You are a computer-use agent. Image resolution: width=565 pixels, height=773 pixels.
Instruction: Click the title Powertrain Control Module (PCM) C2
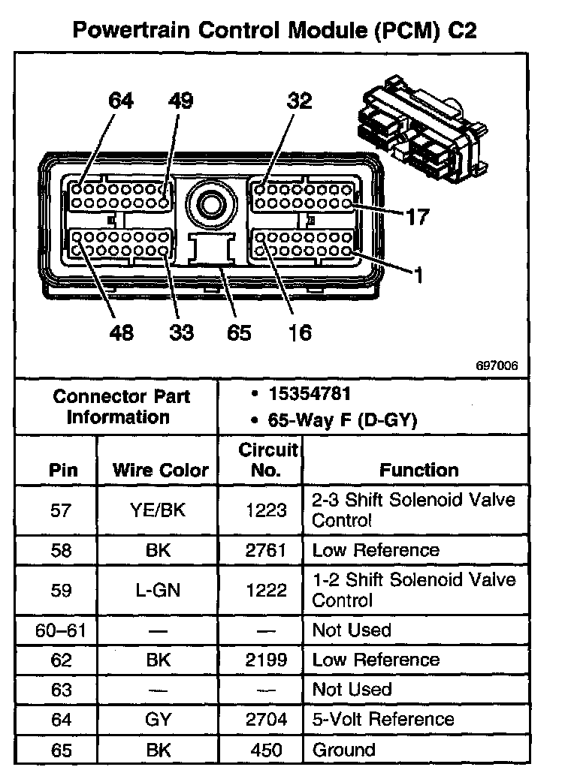(274, 31)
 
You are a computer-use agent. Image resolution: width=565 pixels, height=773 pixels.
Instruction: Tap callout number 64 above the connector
(121, 101)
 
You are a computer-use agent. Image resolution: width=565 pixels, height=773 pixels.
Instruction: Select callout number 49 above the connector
(180, 101)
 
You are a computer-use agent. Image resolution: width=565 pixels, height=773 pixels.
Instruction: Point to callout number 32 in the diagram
(299, 101)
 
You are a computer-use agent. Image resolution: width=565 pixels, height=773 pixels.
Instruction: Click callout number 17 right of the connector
(416, 218)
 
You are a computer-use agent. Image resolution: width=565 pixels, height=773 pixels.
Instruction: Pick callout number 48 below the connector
(121, 332)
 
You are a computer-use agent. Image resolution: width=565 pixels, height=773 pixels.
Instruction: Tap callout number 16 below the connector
(299, 332)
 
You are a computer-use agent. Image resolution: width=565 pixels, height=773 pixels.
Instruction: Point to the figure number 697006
(497, 367)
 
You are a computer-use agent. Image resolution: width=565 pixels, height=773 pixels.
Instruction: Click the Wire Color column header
(160, 471)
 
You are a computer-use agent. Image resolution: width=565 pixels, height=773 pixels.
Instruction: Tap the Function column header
(418, 471)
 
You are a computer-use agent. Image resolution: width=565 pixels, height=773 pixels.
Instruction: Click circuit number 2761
(266, 550)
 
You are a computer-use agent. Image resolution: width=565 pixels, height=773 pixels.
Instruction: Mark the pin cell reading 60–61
(61, 630)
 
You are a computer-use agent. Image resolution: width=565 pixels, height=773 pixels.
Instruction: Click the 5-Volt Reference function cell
(383, 719)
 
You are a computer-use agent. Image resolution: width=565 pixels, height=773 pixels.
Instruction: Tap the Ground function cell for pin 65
(343, 749)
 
